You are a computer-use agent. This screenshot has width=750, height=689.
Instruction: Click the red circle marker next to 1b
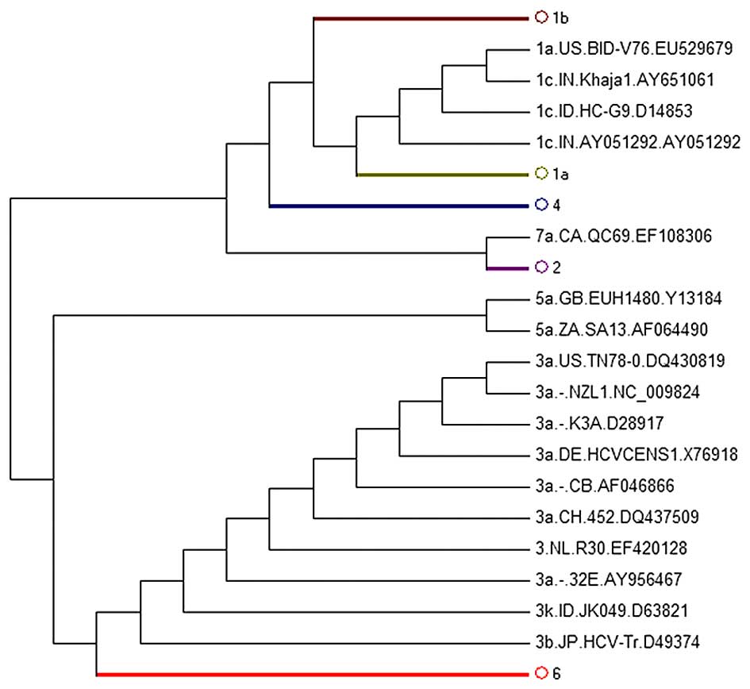[541, 17]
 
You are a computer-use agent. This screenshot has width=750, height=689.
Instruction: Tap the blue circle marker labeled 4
[541, 206]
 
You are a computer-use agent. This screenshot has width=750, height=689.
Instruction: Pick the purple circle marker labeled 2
[541, 268]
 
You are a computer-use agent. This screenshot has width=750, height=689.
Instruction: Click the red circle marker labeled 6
[541, 674]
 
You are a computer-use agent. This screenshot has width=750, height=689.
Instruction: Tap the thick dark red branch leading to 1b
[421, 17]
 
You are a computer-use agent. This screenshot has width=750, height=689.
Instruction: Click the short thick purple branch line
[507, 268]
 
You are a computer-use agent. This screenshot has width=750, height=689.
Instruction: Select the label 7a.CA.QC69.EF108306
[623, 236]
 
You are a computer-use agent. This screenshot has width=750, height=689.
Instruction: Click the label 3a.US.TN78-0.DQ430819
[629, 361]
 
